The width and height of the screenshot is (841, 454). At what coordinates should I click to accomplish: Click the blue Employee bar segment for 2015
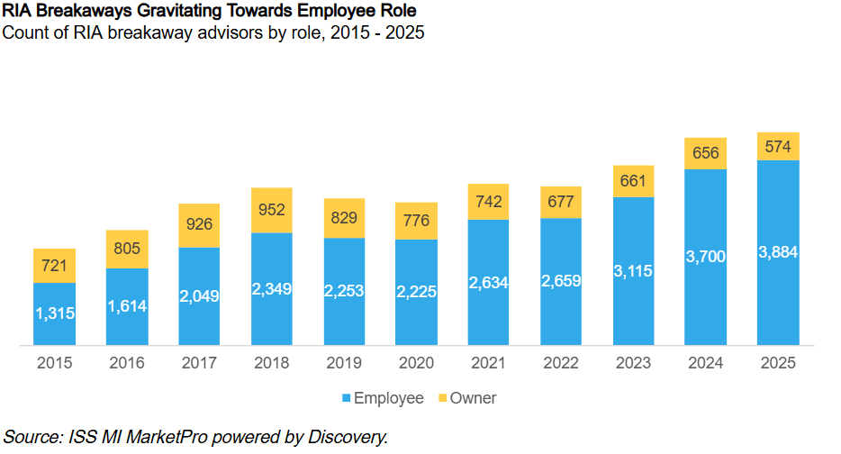(54, 314)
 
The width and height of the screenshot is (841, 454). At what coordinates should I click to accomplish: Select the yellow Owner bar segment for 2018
(272, 211)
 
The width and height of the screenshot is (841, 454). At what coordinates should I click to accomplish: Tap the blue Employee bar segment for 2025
(778, 253)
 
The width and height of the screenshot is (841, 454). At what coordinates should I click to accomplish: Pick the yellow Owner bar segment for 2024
(705, 154)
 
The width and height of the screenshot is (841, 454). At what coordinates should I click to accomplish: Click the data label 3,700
(705, 257)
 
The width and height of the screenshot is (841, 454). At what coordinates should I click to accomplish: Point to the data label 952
(271, 209)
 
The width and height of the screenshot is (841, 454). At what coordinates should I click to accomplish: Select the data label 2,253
(344, 291)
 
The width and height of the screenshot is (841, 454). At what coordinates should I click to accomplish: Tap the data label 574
(778, 147)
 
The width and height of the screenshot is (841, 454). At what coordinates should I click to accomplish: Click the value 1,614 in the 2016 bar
(127, 306)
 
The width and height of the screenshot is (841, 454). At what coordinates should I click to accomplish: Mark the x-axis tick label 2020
(416, 363)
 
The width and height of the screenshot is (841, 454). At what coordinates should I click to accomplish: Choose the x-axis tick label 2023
(633, 363)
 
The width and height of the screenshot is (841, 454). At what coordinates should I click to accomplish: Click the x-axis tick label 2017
(199, 363)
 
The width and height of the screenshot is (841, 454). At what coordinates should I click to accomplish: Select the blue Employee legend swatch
(347, 398)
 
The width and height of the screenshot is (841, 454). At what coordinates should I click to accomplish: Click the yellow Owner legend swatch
(442, 398)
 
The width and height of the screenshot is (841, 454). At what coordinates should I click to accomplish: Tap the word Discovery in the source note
(347, 437)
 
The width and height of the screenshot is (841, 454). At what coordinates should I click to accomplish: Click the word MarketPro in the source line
(167, 437)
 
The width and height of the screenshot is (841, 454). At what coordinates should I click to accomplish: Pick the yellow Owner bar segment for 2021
(488, 202)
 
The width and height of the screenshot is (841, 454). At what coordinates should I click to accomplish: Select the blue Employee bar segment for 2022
(560, 282)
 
